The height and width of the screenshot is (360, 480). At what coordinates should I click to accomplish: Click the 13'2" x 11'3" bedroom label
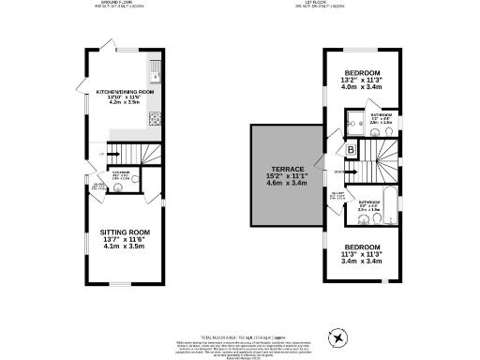361,73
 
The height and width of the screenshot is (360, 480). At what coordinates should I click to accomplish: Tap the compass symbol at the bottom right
338,337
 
